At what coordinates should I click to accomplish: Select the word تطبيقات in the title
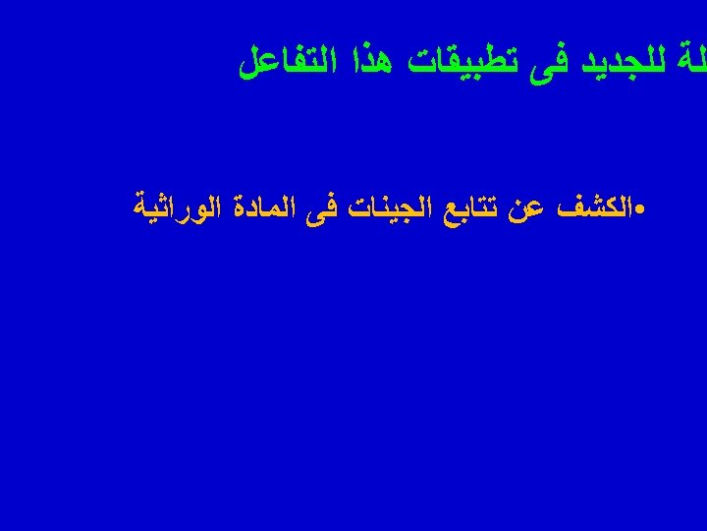click(x=451, y=65)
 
